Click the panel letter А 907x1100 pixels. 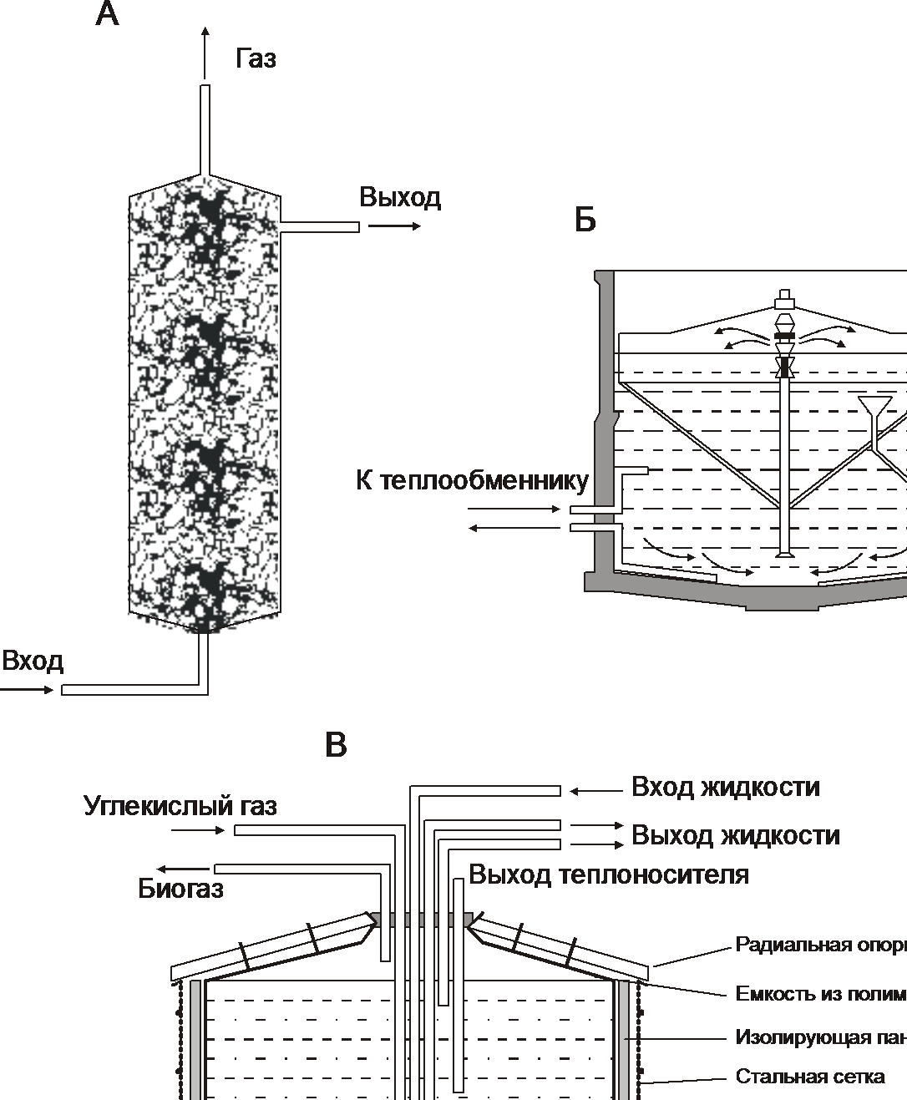pyautogui.click(x=107, y=14)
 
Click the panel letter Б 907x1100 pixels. pyautogui.click(x=585, y=220)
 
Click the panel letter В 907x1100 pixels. pyautogui.click(x=336, y=744)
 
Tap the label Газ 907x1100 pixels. pyautogui.click(x=256, y=58)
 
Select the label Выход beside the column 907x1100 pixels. pyautogui.click(x=400, y=198)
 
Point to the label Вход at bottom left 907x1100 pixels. pyautogui.click(x=33, y=662)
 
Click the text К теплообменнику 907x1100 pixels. pyautogui.click(x=472, y=481)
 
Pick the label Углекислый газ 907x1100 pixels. pyautogui.click(x=180, y=806)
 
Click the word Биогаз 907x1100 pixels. pyautogui.click(x=180, y=889)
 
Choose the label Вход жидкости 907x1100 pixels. pyautogui.click(x=725, y=787)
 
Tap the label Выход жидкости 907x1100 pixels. pyautogui.click(x=735, y=835)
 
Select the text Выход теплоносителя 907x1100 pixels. pyautogui.click(x=608, y=874)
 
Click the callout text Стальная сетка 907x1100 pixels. pyautogui.click(x=809, y=1076)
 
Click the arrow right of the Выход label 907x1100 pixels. pyautogui.click(x=394, y=226)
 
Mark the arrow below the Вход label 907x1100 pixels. pyautogui.click(x=27, y=690)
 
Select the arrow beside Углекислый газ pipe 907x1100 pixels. pyautogui.click(x=198, y=830)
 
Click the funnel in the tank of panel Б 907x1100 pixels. pyautogui.click(x=874, y=407)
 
